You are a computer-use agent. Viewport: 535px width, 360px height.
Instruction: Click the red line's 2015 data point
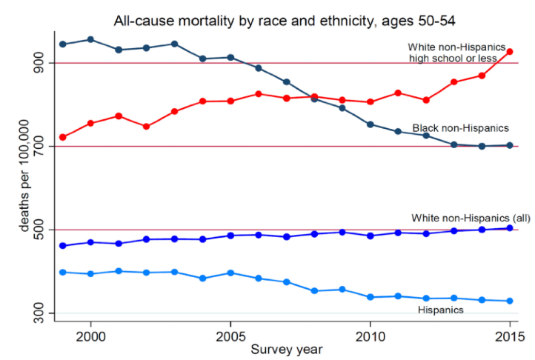point(510,52)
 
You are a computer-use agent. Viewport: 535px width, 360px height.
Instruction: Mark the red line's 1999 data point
point(63,137)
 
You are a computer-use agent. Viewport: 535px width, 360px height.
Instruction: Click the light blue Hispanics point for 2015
point(510,301)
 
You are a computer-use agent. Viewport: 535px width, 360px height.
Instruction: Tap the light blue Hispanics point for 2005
point(230,273)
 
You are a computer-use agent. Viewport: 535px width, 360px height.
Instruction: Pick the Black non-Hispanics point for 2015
point(510,145)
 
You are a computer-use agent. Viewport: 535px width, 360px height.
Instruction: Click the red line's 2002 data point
point(147,127)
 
